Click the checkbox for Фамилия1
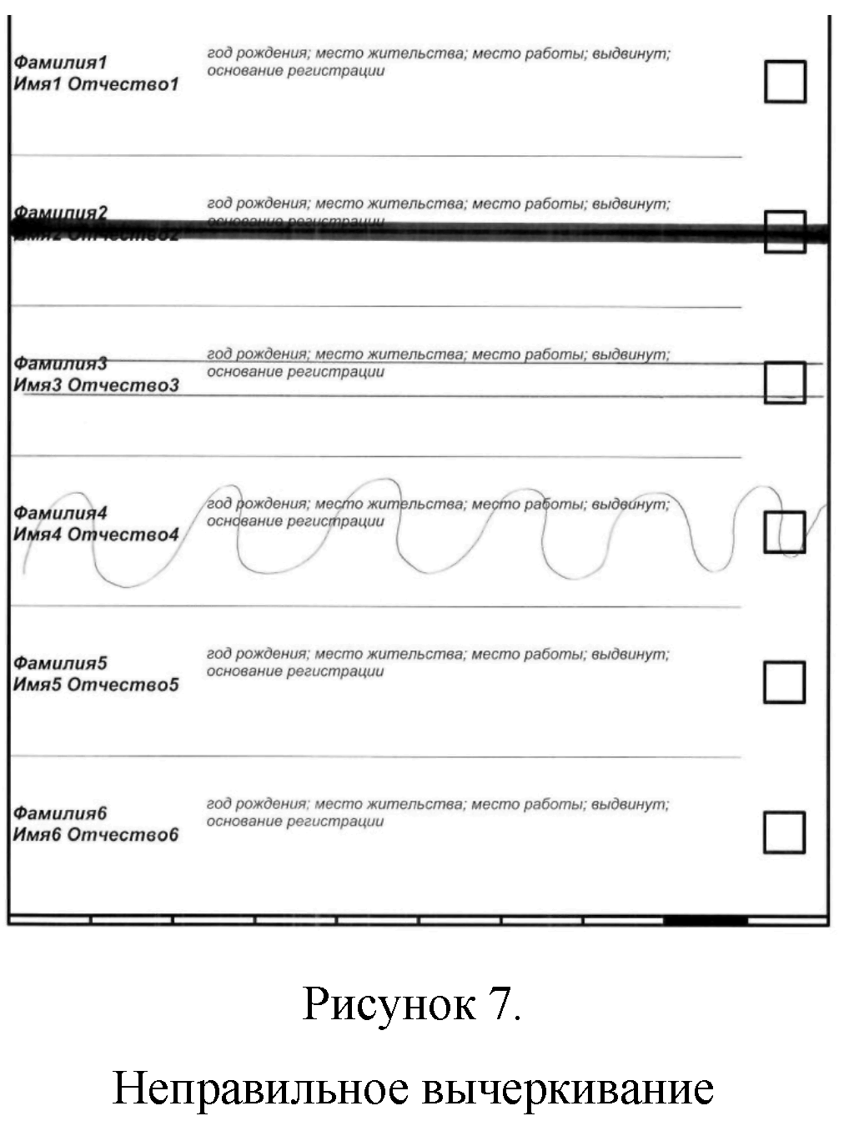(785, 82)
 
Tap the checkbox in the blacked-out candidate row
(785, 232)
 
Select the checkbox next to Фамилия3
(785, 382)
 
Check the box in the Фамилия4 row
(785, 532)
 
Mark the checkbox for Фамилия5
(785, 682)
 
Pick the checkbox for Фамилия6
(785, 832)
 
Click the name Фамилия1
(61, 63)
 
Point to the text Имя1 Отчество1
(96, 84)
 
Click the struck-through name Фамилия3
(61, 364)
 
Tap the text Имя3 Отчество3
(96, 385)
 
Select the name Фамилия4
(61, 513)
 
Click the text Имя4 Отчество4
(96, 535)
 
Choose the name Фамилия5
(61, 663)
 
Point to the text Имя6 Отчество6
(96, 835)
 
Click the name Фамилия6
(61, 813)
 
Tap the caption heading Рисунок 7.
(412, 1003)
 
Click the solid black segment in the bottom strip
(706, 921)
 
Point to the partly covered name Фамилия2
(61, 213)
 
